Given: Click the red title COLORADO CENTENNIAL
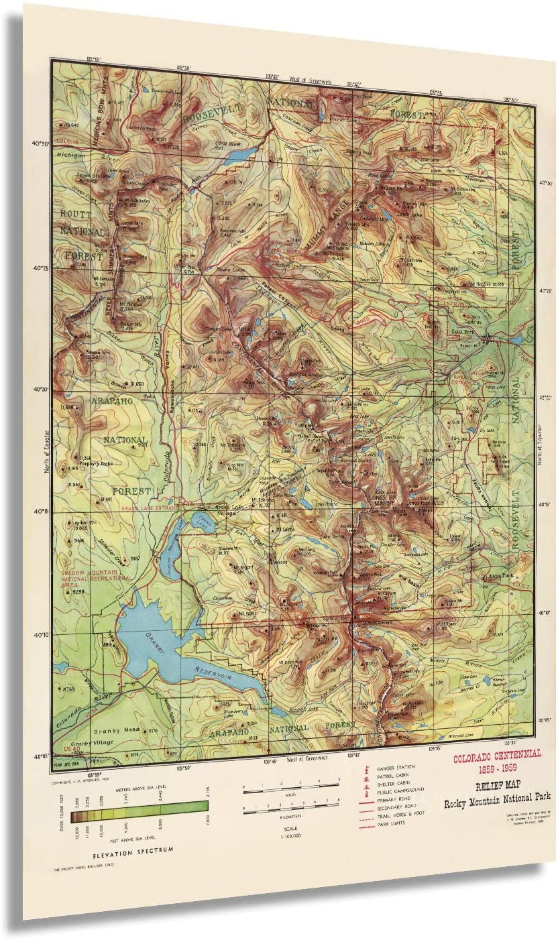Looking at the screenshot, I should (496, 754).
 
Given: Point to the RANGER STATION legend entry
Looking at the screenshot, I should (396, 766).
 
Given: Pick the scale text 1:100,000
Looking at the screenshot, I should (291, 837).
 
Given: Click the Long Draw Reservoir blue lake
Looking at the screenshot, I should (238, 155).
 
